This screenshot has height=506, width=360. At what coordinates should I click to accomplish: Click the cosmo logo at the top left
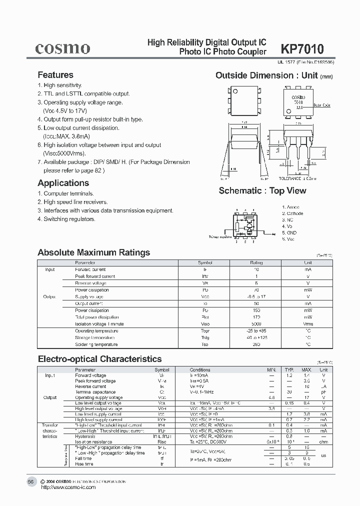[62, 48]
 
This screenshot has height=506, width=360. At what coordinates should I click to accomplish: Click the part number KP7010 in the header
[302, 49]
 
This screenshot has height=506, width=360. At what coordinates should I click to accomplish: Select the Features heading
[55, 75]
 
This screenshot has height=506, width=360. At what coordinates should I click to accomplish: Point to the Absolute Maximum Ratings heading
[93, 252]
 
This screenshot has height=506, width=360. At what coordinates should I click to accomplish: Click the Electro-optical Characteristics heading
[100, 358]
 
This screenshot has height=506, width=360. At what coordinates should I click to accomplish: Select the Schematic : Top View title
[262, 190]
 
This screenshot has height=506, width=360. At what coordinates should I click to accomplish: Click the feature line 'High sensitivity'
[59, 85]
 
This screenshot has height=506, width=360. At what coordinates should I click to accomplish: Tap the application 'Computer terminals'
[65, 193]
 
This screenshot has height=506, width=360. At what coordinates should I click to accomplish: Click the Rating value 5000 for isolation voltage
[256, 324]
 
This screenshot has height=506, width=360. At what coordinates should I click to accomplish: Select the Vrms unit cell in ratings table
[307, 324]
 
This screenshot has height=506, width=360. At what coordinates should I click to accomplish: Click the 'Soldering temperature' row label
[96, 344]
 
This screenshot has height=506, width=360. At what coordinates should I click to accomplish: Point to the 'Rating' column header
[256, 262]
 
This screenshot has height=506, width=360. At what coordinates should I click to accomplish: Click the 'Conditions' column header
[200, 370]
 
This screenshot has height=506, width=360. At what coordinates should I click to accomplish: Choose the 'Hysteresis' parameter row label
[86, 436]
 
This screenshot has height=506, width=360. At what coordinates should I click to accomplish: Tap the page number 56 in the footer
[31, 481]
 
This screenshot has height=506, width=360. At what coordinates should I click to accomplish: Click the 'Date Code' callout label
[322, 105]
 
